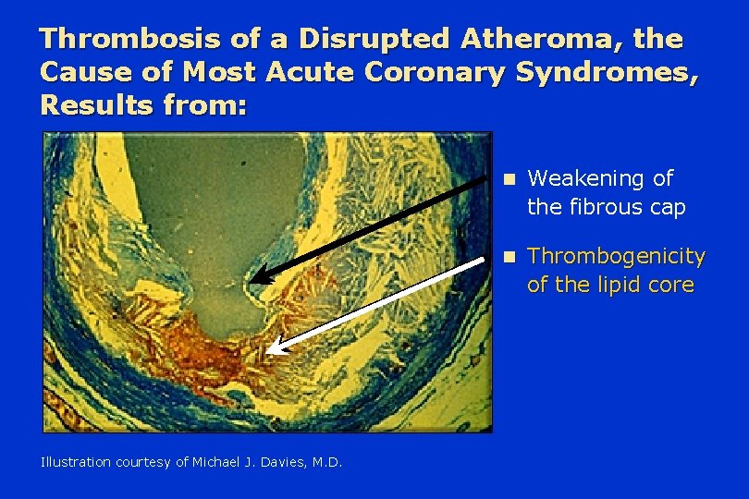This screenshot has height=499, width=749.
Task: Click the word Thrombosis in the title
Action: click(130, 38)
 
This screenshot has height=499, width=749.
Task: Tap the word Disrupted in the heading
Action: click(374, 38)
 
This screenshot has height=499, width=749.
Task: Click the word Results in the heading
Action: click(97, 105)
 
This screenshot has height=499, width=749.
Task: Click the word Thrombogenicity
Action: click(616, 257)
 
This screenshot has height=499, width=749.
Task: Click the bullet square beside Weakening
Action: click(510, 179)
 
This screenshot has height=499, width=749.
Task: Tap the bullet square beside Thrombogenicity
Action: click(510, 258)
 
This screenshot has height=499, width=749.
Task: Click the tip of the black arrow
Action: click(250, 281)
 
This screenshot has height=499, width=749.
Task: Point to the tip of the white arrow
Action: click(266, 352)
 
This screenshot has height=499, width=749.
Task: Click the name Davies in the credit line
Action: click(285, 462)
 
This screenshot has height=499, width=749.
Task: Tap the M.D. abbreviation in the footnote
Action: click(327, 462)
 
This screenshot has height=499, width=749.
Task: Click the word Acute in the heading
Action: click(310, 72)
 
